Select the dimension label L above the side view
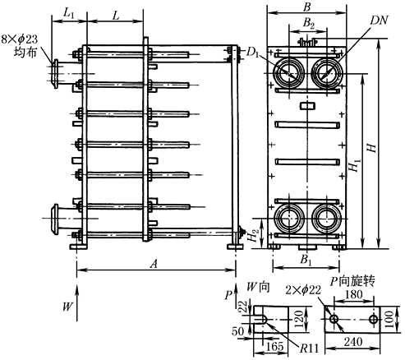[x=117, y=16]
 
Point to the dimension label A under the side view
[x=154, y=263]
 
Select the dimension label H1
[x=354, y=167]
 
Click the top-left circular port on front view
[x=288, y=72]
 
